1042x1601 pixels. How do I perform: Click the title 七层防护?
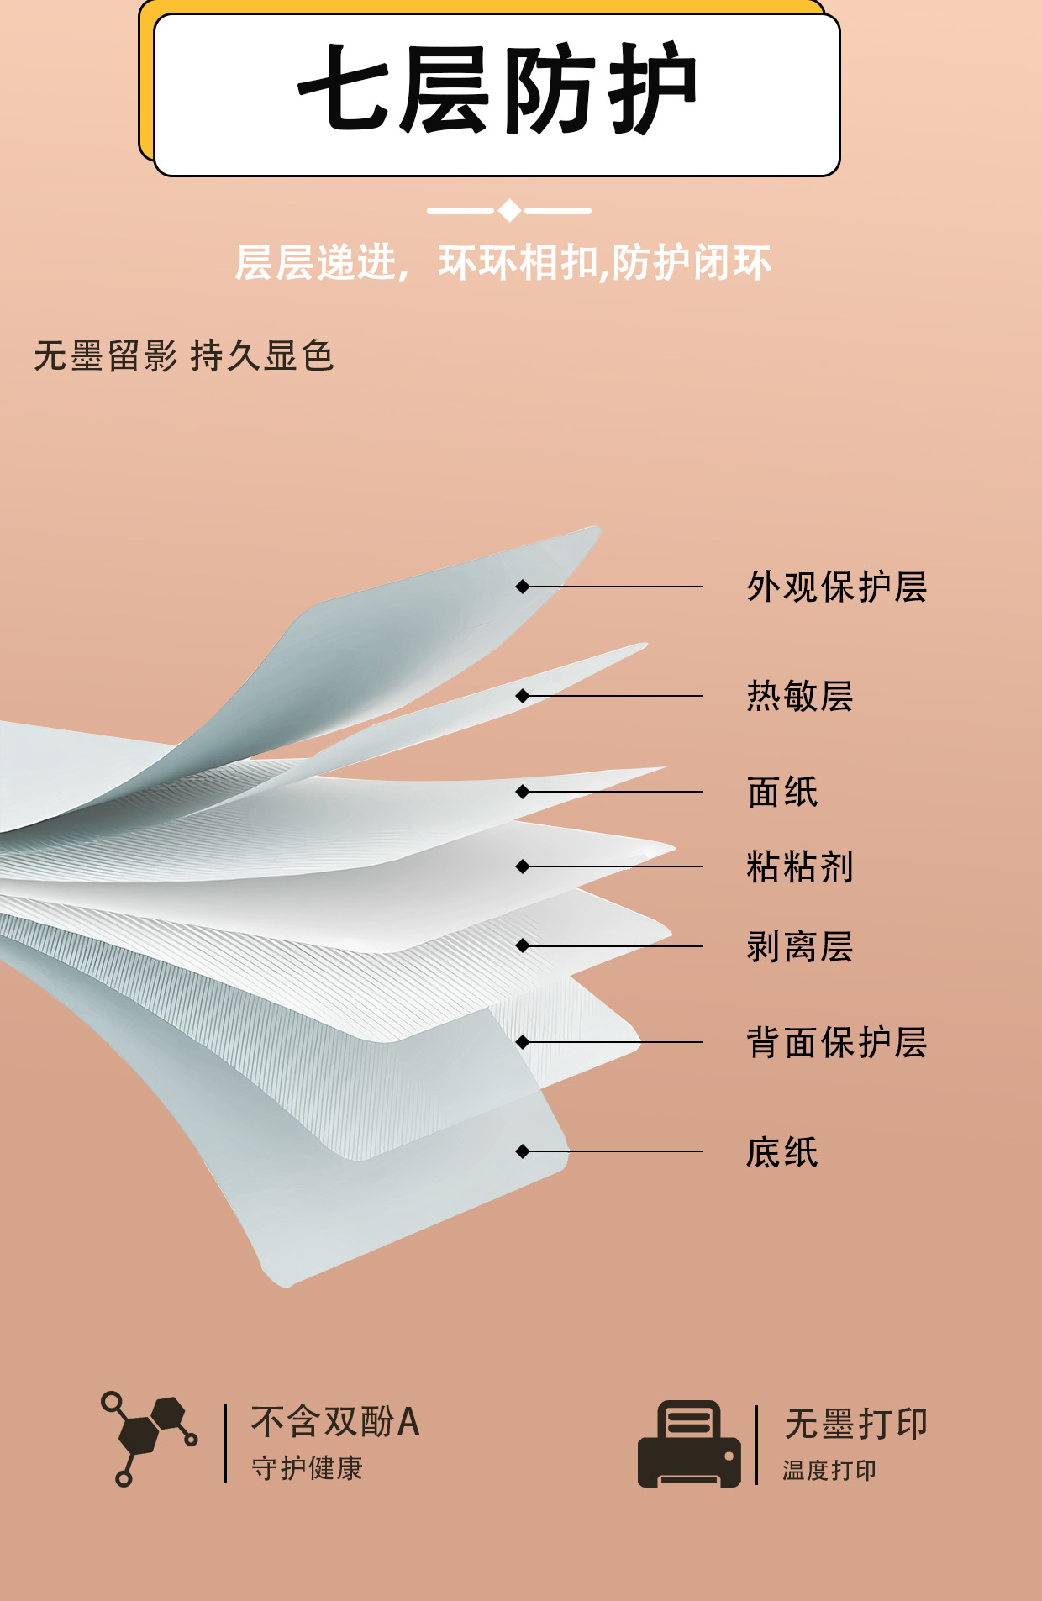point(497,89)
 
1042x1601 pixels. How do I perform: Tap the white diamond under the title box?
point(509,210)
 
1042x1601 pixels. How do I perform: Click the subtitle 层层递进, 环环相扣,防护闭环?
point(503,263)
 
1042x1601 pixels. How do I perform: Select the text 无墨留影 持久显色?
point(184,356)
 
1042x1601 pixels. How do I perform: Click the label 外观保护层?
point(837,587)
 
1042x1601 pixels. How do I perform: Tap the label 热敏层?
point(800,696)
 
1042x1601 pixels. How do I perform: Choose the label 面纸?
point(782,792)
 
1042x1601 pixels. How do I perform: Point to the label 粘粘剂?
point(800,866)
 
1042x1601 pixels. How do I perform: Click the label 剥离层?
point(800,946)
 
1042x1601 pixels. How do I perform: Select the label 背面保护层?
point(837,1042)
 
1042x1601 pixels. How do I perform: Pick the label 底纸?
point(782,1151)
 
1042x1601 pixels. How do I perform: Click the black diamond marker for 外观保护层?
point(523,587)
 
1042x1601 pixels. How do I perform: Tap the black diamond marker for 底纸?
point(523,1151)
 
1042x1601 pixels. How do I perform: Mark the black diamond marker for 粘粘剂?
point(523,866)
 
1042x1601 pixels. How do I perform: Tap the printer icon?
point(689,1444)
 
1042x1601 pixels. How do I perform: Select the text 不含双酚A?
point(335,1422)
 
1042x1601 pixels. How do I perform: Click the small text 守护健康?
point(308,1468)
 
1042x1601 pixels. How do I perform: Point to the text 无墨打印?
point(855,1424)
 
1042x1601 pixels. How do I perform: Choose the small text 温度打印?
point(829,1470)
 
